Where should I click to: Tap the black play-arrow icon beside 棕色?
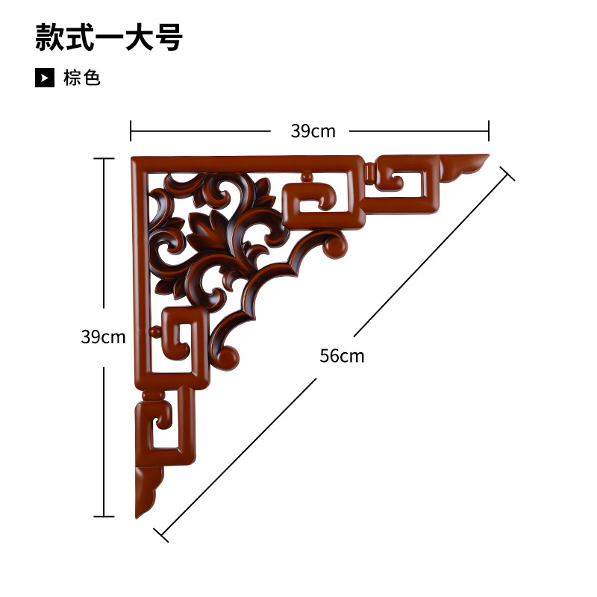point(45,78)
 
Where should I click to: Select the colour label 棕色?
point(82,78)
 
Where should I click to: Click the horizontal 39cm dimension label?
point(313,131)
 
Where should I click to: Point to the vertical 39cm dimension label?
point(103,337)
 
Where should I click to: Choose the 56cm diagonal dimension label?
point(342,356)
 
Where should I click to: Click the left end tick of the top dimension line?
point(131,131)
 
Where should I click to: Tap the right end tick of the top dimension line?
point(489,131)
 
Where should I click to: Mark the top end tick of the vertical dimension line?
point(104,159)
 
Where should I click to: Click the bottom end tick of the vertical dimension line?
point(104,516)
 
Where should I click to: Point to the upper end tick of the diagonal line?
point(507,174)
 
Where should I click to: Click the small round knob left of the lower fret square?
point(154,331)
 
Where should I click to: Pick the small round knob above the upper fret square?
point(306,178)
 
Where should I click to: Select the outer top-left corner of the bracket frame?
point(134,159)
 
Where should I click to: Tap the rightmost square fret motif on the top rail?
point(403,184)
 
